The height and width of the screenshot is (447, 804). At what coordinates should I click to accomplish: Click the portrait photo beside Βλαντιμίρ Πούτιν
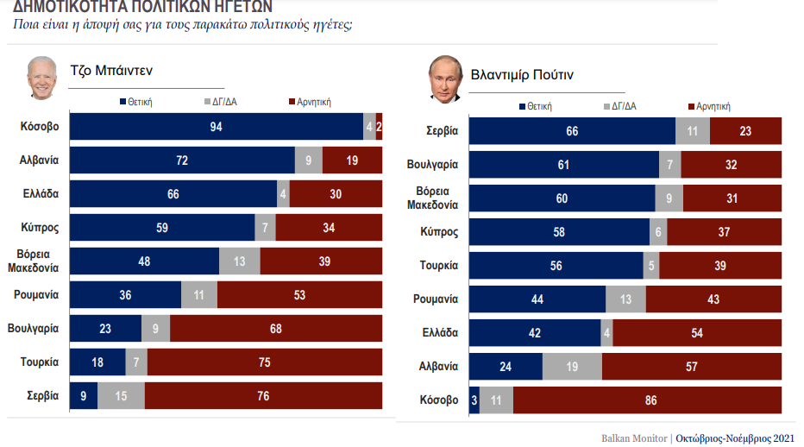click(444, 79)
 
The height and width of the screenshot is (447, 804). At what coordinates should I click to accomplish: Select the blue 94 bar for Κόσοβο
click(216, 127)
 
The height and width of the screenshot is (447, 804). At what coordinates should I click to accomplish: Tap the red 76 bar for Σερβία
click(263, 396)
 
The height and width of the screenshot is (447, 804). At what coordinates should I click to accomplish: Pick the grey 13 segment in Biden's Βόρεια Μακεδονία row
click(239, 261)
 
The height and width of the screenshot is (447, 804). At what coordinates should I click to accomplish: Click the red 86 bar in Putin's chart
click(647, 400)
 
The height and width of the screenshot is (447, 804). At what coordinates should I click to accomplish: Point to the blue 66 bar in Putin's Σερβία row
click(572, 131)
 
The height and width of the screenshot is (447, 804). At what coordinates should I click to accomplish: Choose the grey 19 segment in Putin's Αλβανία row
click(572, 367)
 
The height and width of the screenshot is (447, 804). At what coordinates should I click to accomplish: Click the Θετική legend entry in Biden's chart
click(135, 102)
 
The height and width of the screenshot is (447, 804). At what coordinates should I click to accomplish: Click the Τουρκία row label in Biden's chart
click(40, 362)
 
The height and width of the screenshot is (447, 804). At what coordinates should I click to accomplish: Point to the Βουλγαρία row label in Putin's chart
click(432, 165)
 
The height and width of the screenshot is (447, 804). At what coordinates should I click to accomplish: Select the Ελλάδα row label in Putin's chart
click(439, 333)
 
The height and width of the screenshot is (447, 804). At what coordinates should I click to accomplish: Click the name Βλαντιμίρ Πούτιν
click(522, 75)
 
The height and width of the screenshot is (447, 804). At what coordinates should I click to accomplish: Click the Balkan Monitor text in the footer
click(633, 438)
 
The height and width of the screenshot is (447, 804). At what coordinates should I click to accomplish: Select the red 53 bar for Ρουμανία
click(299, 295)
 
